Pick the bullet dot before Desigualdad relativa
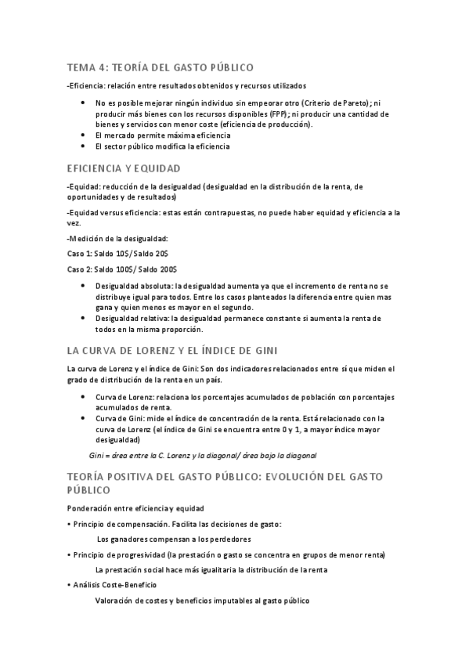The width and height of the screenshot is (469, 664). (x=84, y=319)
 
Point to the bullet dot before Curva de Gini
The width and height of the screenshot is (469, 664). (x=84, y=418)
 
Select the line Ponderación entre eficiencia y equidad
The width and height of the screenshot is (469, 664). (x=136, y=508)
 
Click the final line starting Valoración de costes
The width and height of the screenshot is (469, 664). (x=202, y=601)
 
